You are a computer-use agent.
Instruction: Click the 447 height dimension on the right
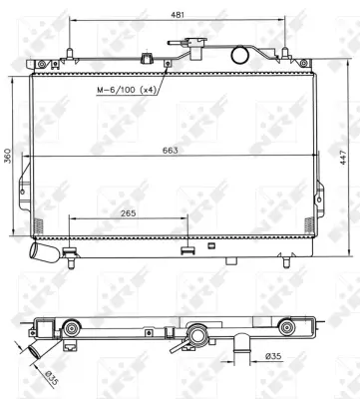(345, 158)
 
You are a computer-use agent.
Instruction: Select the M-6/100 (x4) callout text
(128, 91)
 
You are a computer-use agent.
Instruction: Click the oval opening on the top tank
(239, 55)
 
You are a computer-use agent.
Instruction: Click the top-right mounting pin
(284, 50)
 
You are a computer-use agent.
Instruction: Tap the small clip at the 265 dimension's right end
(185, 248)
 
